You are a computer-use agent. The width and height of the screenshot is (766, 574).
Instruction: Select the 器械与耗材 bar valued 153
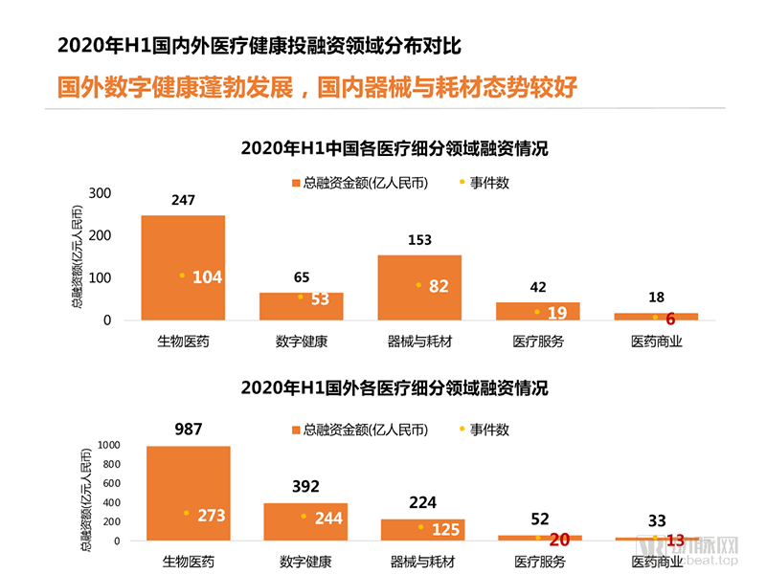419,287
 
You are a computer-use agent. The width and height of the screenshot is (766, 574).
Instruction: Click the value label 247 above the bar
183,201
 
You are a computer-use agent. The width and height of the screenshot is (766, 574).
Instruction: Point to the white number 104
207,277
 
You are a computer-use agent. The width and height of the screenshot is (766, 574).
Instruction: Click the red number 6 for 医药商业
670,320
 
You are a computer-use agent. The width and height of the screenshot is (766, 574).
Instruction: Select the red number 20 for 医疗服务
559,540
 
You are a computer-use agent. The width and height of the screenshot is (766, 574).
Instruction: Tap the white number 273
211,516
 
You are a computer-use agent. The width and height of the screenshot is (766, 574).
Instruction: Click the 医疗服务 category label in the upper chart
538,342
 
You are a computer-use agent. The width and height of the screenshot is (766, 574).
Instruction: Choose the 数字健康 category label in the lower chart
305,562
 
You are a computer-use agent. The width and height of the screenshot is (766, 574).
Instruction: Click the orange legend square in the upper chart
295,183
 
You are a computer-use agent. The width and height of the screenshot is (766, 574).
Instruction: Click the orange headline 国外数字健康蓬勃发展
173,87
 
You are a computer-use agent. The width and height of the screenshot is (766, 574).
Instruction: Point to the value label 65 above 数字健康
302,277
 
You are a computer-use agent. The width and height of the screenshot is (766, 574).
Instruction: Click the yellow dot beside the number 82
418,285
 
